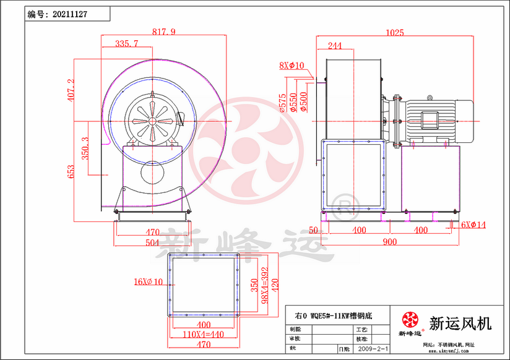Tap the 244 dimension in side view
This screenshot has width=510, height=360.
tap(334, 46)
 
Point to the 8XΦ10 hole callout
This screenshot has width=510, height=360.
tap(292, 65)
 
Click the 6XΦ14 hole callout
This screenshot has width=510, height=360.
tap(473, 225)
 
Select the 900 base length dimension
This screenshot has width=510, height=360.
tap(389, 242)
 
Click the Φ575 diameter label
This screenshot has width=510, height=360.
tap(283, 102)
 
